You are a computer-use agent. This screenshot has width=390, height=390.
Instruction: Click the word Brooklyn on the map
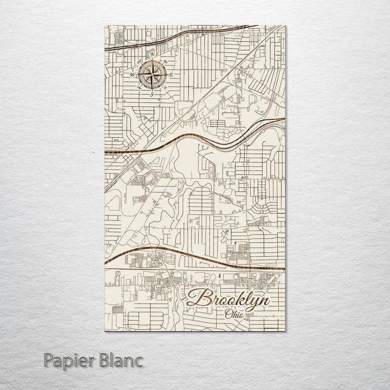tap(230, 300)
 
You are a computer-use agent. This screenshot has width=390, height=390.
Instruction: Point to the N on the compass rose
tap(152, 55)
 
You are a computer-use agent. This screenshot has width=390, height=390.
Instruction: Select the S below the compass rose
tap(152, 94)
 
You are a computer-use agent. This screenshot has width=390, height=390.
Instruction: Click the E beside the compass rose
tap(171, 75)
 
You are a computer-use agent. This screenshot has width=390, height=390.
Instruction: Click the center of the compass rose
tap(152, 74)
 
